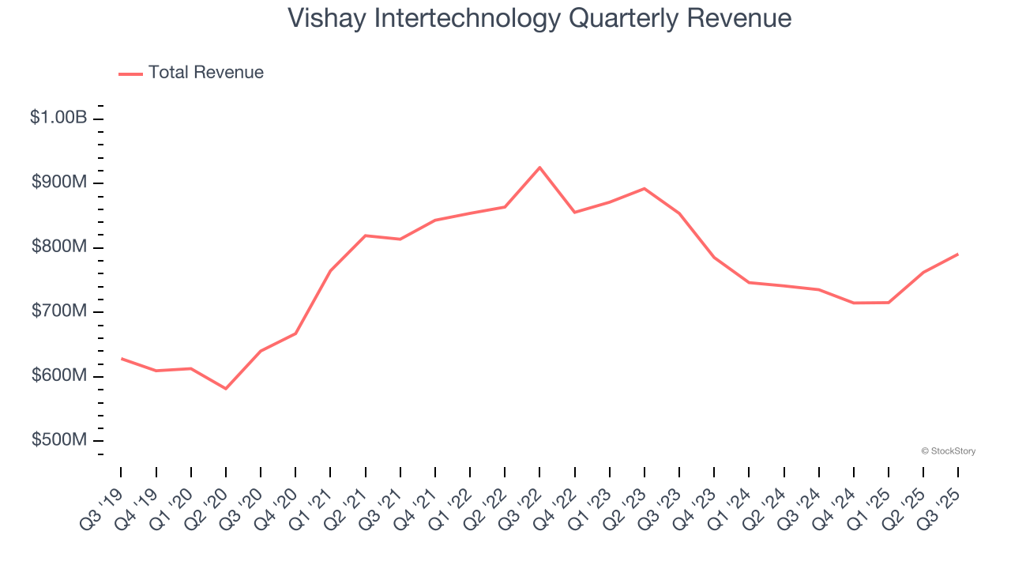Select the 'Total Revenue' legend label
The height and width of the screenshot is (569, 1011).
[x=205, y=73]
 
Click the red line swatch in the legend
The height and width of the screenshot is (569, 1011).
[x=130, y=73]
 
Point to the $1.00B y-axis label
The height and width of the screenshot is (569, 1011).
[x=58, y=118]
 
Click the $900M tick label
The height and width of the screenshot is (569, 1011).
[x=59, y=183]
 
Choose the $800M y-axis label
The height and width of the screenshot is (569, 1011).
[x=59, y=247]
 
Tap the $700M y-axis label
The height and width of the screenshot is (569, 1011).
[x=59, y=311]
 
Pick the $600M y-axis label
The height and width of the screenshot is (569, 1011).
[x=59, y=375]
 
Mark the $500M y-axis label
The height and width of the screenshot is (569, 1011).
[x=59, y=439]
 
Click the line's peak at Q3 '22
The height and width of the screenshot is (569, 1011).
[x=539, y=168]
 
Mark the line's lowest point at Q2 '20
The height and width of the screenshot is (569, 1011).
[x=226, y=388]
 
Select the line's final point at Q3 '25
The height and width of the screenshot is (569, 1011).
[x=958, y=254]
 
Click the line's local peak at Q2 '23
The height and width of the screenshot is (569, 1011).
[x=645, y=189]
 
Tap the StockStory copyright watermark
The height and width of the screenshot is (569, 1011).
[x=948, y=451]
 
